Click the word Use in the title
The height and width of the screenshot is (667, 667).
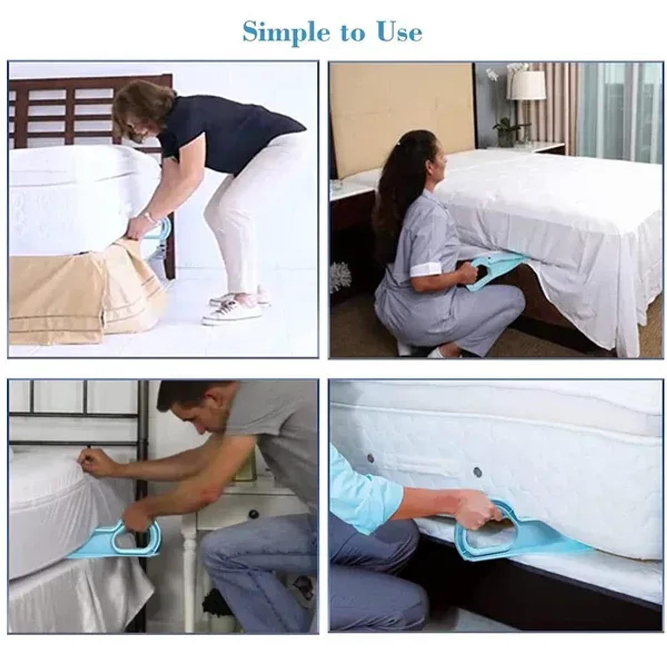click(399, 32)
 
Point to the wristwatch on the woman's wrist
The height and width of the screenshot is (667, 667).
click(148, 217)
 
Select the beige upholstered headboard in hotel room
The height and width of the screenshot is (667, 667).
click(400, 117)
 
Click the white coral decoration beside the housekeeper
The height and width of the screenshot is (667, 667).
click(340, 276)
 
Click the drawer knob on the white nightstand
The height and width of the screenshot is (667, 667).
click(253, 513)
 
